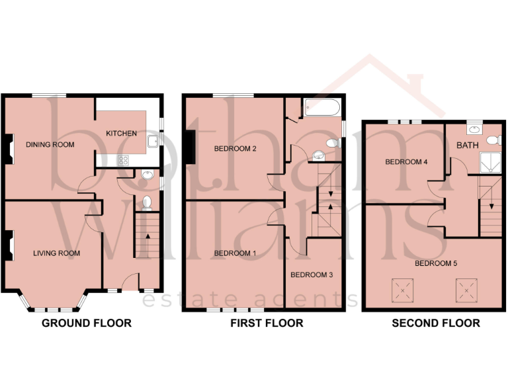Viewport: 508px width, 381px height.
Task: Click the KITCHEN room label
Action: click(x=122, y=134)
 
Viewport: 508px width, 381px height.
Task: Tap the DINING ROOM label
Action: click(x=50, y=144)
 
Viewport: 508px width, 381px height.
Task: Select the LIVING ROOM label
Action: click(x=57, y=253)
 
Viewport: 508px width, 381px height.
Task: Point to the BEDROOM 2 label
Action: click(x=235, y=149)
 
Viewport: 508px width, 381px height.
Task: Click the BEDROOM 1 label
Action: click(x=235, y=253)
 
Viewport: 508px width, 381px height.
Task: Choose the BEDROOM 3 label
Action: click(x=312, y=275)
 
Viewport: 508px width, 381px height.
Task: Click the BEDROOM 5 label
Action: click(x=436, y=263)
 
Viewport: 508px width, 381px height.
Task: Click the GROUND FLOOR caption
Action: click(x=87, y=323)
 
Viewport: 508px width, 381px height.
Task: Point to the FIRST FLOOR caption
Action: click(x=267, y=323)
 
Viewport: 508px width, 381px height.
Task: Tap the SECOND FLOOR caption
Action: click(x=436, y=323)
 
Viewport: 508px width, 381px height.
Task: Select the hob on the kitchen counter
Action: click(x=123, y=159)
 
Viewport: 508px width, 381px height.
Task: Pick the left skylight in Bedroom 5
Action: click(x=401, y=288)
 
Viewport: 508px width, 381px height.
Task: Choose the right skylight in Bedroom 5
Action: click(x=466, y=288)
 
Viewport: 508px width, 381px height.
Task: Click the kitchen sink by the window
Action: click(x=153, y=140)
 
